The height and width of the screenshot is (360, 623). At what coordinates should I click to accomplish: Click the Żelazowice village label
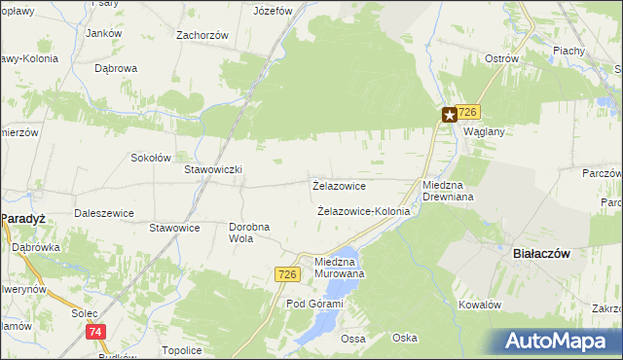(x=338, y=185)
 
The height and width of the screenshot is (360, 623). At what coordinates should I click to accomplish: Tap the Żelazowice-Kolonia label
(x=363, y=210)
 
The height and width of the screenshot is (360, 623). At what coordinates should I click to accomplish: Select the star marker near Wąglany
(x=450, y=115)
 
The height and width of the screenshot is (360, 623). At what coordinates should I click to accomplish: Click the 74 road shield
(x=95, y=332)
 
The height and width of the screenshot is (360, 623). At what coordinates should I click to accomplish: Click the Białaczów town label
(x=540, y=253)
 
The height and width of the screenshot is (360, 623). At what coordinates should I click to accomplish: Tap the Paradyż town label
(x=25, y=220)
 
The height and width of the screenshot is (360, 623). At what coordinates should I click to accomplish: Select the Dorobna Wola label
(x=248, y=233)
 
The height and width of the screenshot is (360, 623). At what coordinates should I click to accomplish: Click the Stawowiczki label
(x=213, y=168)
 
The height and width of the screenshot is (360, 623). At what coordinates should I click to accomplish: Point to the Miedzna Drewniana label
(x=447, y=191)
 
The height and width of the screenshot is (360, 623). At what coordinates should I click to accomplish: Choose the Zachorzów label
(x=202, y=35)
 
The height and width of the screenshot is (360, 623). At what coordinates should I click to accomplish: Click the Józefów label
(x=273, y=12)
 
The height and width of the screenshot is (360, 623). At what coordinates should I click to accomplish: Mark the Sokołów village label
(x=151, y=157)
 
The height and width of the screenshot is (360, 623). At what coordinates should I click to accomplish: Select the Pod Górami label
(x=314, y=305)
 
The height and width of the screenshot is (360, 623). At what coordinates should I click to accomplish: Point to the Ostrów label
(x=501, y=58)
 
